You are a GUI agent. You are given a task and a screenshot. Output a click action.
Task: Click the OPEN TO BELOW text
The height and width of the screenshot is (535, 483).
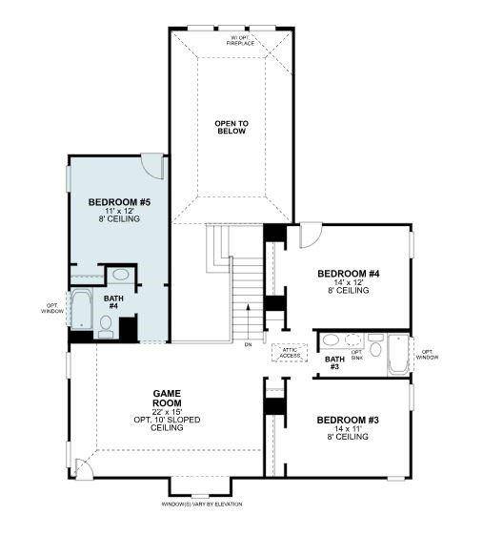coord(231,127)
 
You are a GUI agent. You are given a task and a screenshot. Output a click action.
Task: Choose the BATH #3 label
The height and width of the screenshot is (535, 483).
coord(334,363)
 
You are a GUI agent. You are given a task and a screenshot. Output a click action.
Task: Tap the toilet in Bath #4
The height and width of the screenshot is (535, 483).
coord(106,328)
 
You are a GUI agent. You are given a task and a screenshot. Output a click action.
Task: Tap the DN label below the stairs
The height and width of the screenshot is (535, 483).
coord(248,344)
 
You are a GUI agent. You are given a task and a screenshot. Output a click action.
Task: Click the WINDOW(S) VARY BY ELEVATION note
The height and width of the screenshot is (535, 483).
coord(203,504)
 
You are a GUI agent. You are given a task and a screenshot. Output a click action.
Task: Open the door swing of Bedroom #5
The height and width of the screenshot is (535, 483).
coord(152,164)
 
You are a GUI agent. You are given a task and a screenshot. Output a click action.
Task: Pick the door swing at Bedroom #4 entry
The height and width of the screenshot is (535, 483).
coord(311,235)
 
